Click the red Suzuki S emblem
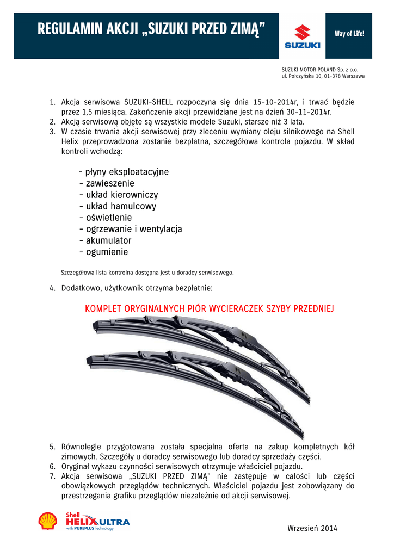(x=302, y=32)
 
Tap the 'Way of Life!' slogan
(x=349, y=34)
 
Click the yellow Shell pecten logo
(x=48, y=521)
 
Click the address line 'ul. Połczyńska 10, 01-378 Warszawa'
(x=323, y=76)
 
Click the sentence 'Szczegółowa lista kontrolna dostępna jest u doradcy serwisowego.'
(x=147, y=271)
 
